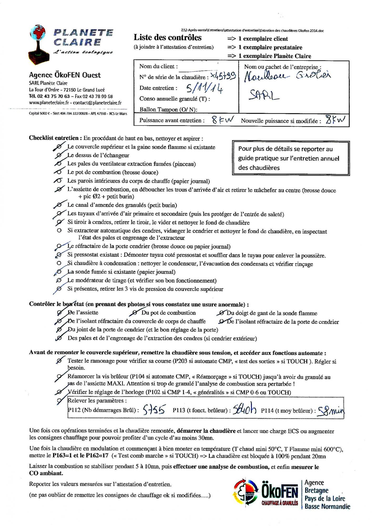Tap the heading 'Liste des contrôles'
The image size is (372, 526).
(x=167, y=38)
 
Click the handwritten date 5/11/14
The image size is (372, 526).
(x=204, y=89)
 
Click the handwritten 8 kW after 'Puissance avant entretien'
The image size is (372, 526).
(x=222, y=120)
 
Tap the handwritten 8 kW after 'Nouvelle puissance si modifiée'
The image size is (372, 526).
(x=335, y=120)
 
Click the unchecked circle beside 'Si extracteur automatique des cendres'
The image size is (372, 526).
(x=59, y=231)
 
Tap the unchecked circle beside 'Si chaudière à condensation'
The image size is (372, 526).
(x=59, y=263)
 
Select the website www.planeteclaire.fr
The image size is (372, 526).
(x=49, y=103)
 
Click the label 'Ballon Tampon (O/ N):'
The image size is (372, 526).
(x=168, y=109)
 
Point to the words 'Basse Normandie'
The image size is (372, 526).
(x=327, y=506)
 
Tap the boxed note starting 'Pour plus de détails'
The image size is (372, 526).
(x=291, y=158)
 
